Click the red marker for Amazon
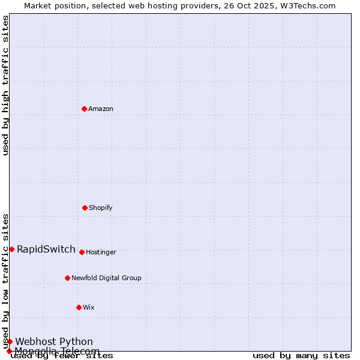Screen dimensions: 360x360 84,109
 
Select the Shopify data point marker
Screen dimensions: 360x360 85,208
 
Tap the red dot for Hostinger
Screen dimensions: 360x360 82,252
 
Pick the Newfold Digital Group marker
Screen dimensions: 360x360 67,278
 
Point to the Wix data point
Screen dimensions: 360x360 79,307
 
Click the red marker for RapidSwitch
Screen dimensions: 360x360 11,249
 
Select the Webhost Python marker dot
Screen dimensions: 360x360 10,341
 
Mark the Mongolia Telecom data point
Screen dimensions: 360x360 9,351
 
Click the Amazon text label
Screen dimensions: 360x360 101,109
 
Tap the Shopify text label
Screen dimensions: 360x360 101,208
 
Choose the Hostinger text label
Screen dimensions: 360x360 101,253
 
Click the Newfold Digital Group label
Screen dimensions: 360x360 107,278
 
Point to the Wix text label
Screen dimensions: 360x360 89,308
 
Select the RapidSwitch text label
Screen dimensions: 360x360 46,250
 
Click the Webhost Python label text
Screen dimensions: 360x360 54,342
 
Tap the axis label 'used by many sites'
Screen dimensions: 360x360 301,356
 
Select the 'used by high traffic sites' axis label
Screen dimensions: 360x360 6,85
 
